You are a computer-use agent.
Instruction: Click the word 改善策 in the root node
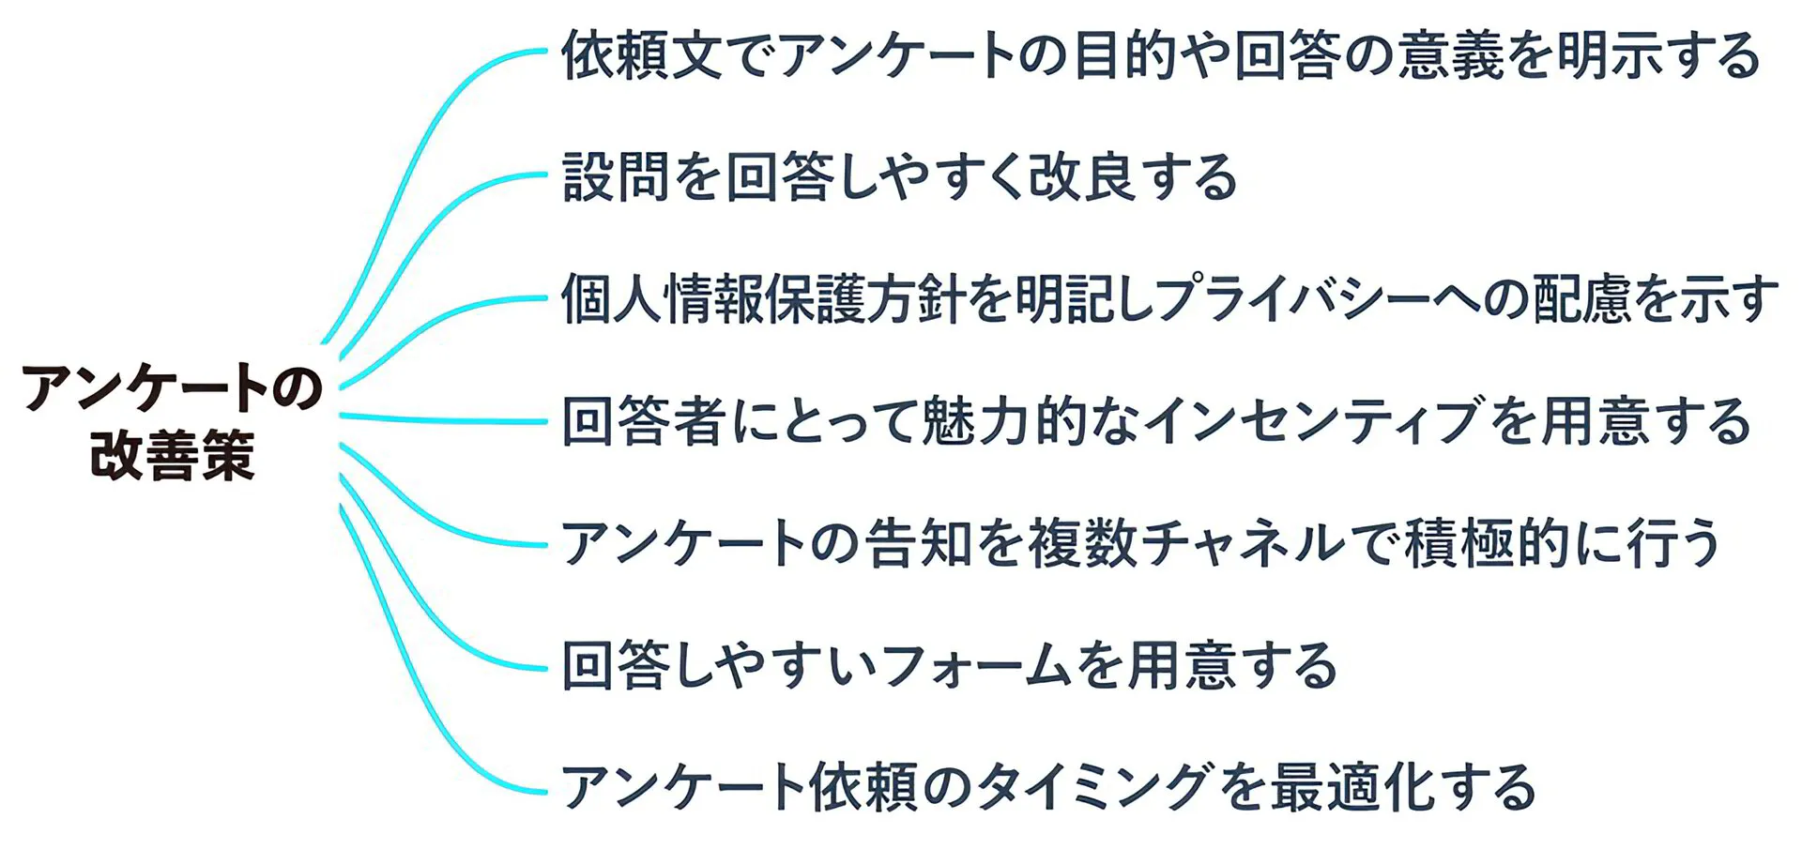tap(173, 457)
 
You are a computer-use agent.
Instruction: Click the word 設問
tap(616, 176)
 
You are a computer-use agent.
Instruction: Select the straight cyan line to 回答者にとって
tap(441, 418)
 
